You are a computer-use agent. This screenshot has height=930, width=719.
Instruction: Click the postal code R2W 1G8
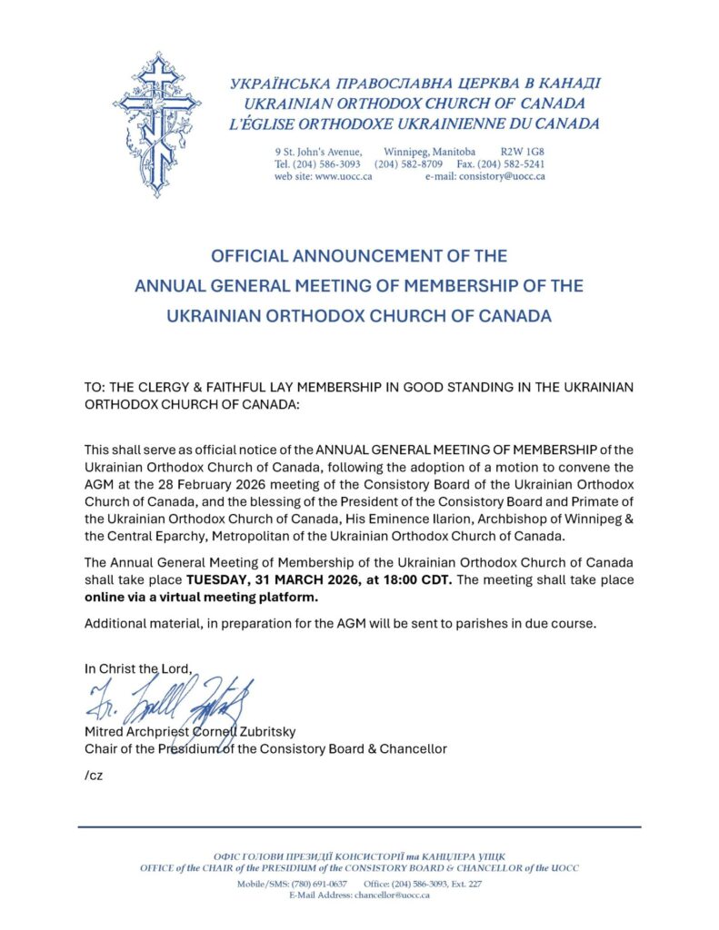point(523,151)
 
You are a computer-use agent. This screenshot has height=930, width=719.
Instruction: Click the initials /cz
point(94,777)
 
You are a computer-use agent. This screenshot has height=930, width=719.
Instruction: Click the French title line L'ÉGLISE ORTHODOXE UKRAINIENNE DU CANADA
point(414,124)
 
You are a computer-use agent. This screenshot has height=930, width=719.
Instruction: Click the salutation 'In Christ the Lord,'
point(139,668)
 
